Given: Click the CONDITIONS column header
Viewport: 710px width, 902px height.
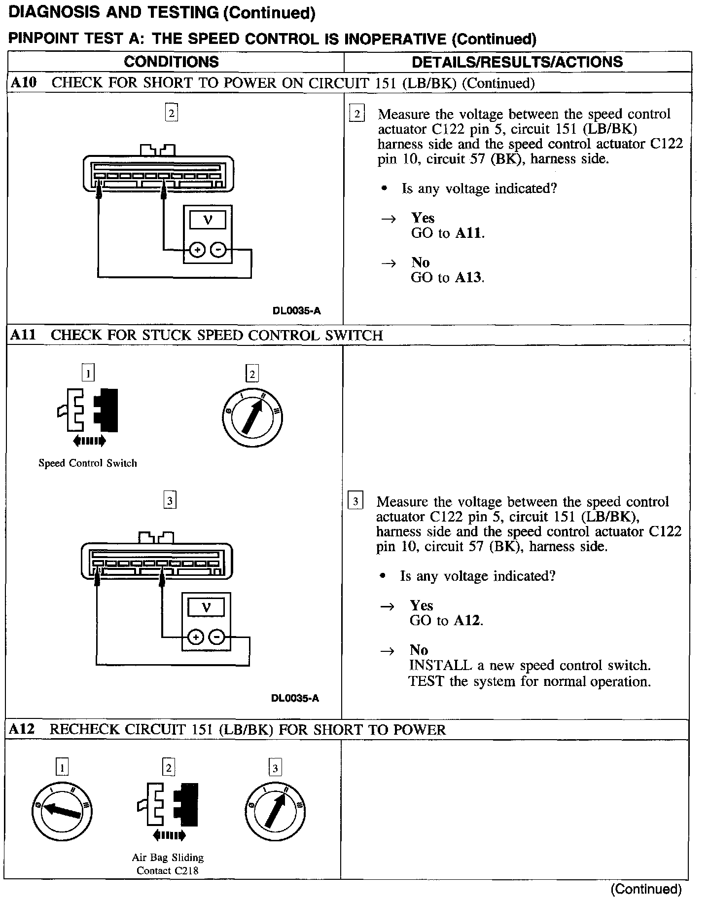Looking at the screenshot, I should point(171,62).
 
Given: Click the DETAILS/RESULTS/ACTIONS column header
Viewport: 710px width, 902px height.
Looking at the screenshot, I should point(517,62).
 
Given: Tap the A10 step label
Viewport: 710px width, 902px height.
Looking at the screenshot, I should point(23,82).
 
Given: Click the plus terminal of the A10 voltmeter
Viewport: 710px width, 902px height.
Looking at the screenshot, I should point(198,251).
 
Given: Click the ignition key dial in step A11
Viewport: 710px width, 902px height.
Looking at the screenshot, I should point(252,417).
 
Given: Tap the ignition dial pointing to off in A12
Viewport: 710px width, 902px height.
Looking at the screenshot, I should point(62,811).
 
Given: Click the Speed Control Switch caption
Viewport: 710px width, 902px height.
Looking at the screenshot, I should point(87,463).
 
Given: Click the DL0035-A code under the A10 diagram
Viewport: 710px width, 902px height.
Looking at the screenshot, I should point(296,311).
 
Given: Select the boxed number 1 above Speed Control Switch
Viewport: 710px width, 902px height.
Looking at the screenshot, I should point(87,373).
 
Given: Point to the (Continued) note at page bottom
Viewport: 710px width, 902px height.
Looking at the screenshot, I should point(646,889).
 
